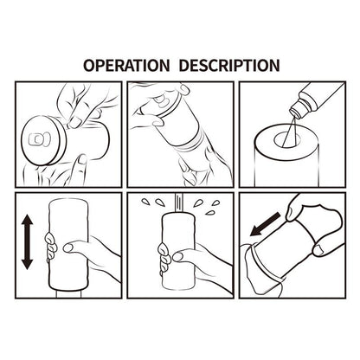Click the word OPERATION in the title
point(125,65)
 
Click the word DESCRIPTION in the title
point(228,65)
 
